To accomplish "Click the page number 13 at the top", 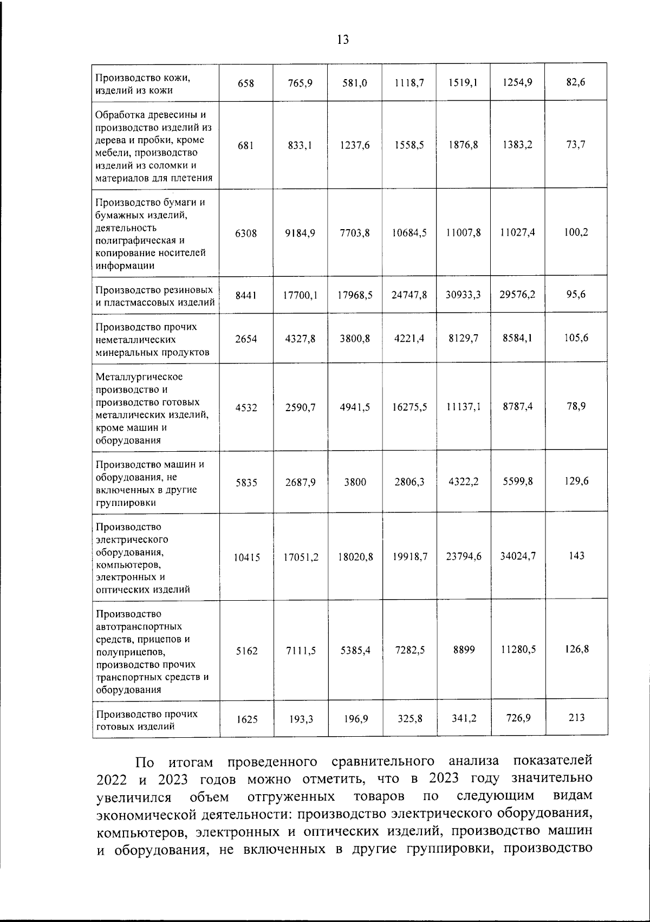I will [x=342, y=39].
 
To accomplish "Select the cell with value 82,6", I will [x=576, y=82].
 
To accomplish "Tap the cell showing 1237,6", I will [x=355, y=145].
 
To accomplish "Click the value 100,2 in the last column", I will [x=576, y=232].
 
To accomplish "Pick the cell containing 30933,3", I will [x=463, y=295].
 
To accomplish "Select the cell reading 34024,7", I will [x=518, y=556].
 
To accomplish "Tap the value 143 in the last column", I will [x=576, y=556].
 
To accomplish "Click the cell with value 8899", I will [x=464, y=650].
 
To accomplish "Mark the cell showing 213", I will [x=576, y=718].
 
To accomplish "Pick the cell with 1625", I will [x=246, y=719].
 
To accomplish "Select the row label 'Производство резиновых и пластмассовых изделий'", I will [x=154, y=296].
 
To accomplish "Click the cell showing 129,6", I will [x=576, y=481].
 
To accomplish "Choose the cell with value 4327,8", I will [x=301, y=339].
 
